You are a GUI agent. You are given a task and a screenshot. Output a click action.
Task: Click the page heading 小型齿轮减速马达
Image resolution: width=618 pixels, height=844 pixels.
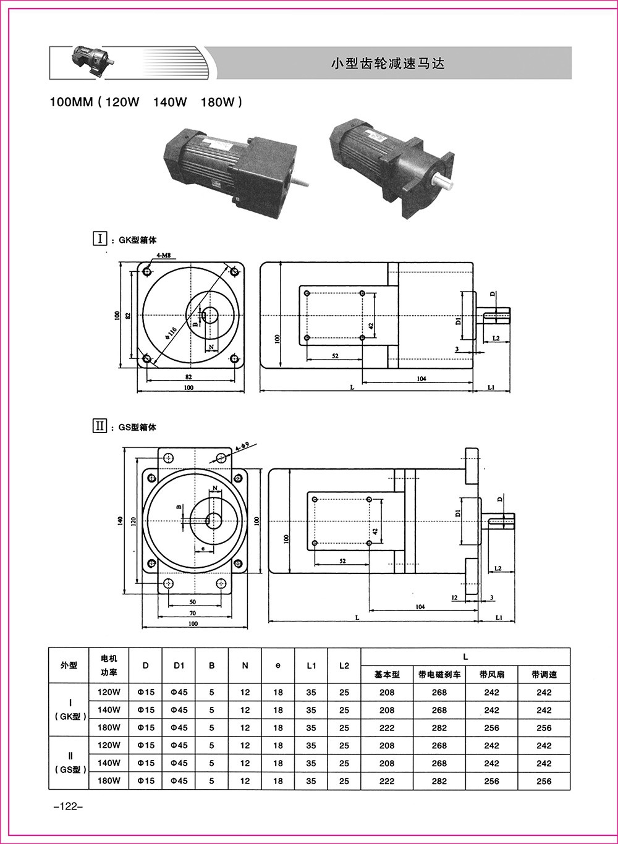point(388,63)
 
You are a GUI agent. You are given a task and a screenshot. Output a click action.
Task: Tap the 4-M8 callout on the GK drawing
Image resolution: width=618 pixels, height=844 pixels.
point(164,255)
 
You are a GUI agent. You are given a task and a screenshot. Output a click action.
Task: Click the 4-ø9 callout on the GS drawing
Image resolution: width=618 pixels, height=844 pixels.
point(242,445)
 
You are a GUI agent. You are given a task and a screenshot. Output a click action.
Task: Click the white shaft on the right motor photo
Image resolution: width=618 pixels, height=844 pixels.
point(443,182)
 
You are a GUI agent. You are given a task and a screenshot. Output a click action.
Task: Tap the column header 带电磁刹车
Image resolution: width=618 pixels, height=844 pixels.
point(439,675)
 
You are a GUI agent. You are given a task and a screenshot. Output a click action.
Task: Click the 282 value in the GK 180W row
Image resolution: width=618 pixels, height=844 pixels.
point(439,728)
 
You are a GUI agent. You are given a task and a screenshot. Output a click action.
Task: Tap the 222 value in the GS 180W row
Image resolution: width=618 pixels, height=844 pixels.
point(387,781)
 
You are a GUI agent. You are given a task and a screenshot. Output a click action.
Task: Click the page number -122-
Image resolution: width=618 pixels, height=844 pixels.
point(64,807)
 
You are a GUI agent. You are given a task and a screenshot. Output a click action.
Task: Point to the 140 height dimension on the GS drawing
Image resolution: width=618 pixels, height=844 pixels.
point(121,521)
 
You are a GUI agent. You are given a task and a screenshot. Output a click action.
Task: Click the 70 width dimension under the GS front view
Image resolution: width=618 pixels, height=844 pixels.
point(193,612)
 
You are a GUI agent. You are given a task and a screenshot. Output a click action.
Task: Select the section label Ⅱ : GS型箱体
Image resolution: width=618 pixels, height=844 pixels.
point(125,426)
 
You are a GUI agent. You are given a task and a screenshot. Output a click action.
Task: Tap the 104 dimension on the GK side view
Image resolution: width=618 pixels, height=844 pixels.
point(421,378)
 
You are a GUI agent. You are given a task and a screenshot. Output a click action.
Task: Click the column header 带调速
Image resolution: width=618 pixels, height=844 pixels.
point(544,675)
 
